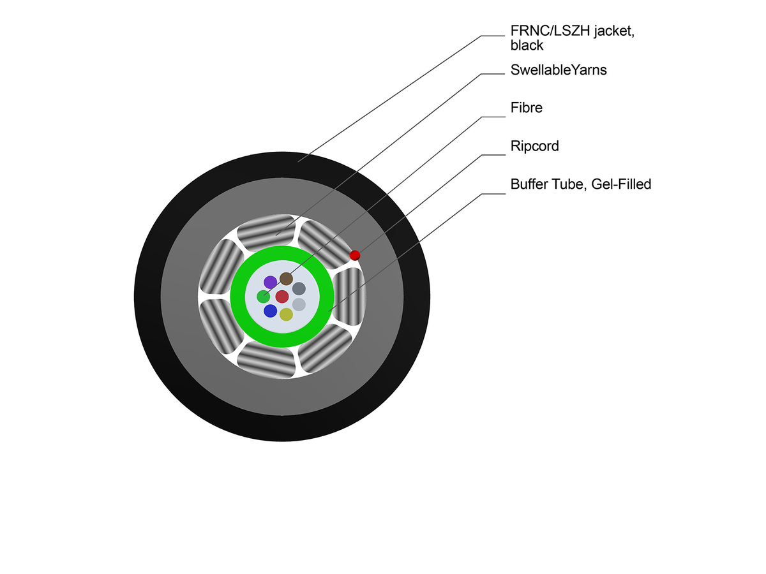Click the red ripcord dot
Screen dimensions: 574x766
355,255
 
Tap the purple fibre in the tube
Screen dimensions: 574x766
271,282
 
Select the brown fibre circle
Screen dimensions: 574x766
286,279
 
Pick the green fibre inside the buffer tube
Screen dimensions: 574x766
263,297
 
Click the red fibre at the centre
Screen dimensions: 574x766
282,297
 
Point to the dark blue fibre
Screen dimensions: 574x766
271,311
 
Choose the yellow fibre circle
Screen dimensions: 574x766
286,314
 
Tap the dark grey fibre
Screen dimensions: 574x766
299,289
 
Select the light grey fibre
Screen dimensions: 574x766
299,304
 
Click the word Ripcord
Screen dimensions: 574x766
534,146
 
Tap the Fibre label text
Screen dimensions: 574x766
526,108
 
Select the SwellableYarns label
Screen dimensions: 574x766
559,70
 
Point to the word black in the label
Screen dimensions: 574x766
527,45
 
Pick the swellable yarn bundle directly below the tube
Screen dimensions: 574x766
268,360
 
